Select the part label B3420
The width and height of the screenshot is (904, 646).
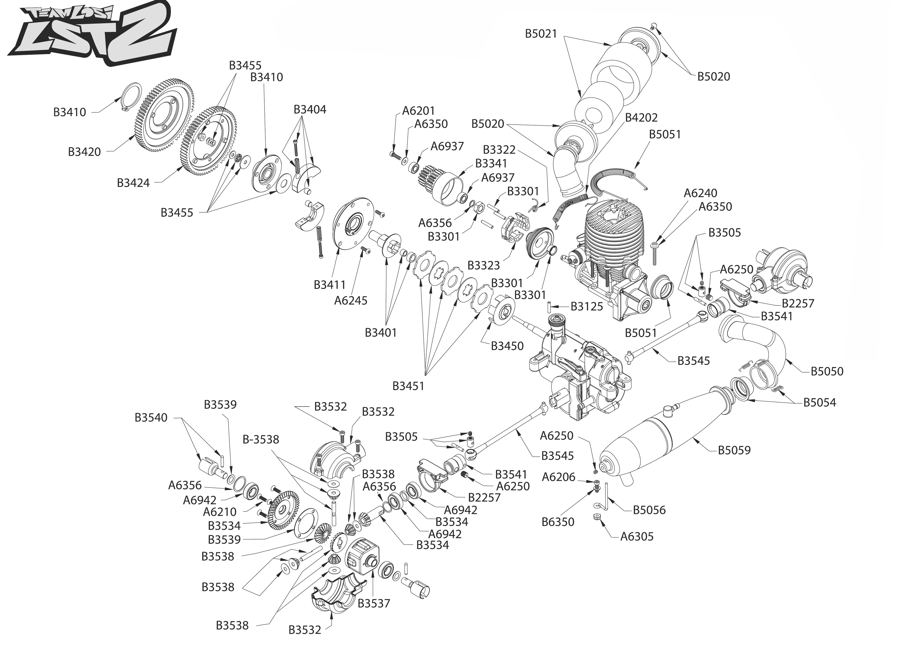(x=84, y=152)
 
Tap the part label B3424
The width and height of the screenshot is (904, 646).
(x=133, y=183)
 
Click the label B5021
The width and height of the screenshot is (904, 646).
(x=541, y=34)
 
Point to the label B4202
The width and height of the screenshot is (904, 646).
(x=641, y=117)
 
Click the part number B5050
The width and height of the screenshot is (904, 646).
(x=827, y=371)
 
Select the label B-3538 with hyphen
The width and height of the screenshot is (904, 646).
(x=261, y=440)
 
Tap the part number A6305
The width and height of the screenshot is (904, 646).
(x=637, y=537)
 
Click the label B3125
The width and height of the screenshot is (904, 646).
(x=587, y=306)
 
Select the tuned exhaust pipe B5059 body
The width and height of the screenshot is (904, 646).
(x=644, y=442)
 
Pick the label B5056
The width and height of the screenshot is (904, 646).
(x=649, y=510)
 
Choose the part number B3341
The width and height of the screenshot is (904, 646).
(x=491, y=163)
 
